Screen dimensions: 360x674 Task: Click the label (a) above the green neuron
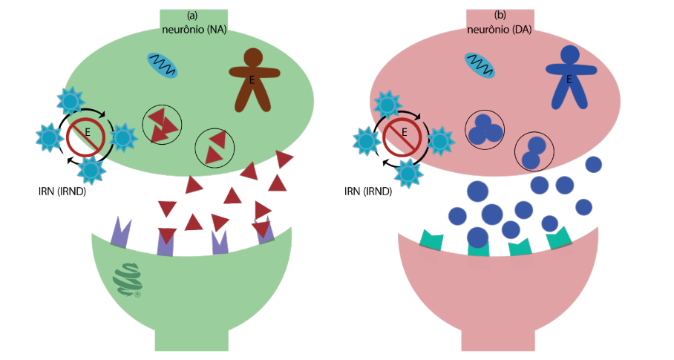click(192, 16)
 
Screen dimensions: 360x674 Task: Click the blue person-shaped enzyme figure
click(569, 78)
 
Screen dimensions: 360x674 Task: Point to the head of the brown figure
click(253, 56)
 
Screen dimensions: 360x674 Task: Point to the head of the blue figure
click(570, 54)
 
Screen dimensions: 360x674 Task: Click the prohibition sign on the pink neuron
click(402, 135)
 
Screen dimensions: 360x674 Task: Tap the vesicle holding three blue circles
click(485, 129)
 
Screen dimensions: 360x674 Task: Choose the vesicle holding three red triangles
click(161, 124)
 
